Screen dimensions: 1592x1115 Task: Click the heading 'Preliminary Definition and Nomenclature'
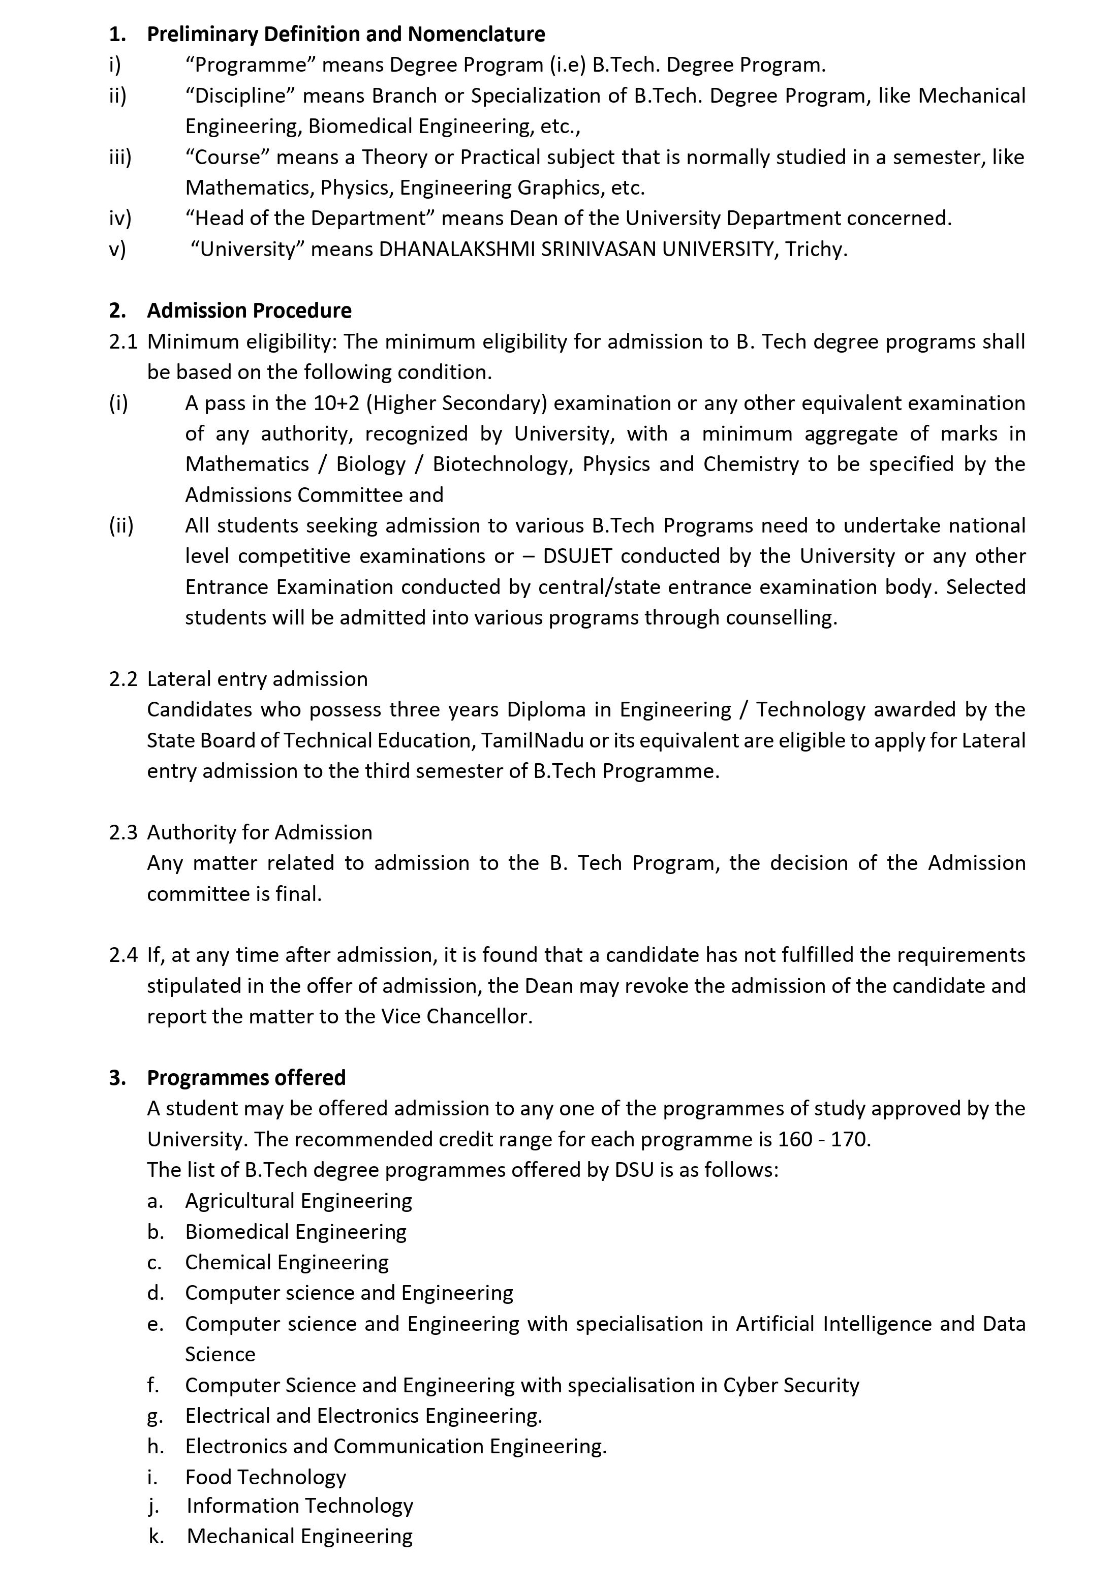click(x=345, y=34)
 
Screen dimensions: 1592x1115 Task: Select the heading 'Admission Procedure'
click(x=249, y=310)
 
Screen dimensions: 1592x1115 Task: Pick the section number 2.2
click(x=123, y=679)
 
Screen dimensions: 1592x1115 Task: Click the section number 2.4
click(x=123, y=955)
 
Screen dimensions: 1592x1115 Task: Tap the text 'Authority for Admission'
click(x=259, y=832)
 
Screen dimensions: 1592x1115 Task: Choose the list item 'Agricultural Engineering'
click(x=298, y=1200)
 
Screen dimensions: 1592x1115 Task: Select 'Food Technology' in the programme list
click(x=266, y=1477)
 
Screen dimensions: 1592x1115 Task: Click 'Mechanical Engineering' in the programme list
click(x=299, y=1535)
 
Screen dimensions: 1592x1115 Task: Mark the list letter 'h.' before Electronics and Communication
click(x=156, y=1446)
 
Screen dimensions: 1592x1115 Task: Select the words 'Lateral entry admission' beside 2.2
click(x=257, y=679)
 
